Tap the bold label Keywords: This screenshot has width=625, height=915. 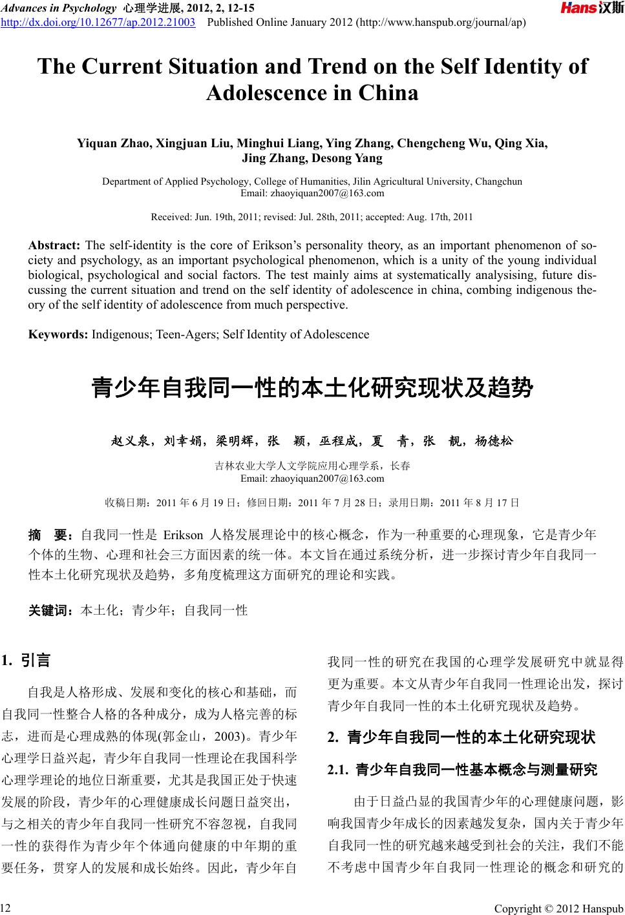click(58, 334)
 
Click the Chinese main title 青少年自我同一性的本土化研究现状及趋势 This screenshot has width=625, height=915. click(312, 389)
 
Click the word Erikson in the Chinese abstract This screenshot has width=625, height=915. click(184, 535)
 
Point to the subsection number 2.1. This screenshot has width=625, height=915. click(338, 770)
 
